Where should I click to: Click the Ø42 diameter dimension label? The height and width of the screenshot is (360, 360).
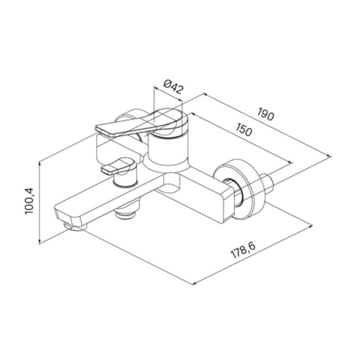pos(174,86)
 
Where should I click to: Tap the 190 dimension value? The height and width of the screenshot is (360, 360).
pos(265,114)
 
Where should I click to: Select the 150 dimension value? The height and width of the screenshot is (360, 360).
pos(244,130)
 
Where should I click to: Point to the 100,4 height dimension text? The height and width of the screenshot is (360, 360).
pos(29,201)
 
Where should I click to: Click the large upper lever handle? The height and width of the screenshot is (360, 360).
pos(142,123)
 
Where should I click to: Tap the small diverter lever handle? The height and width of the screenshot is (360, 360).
pos(119,166)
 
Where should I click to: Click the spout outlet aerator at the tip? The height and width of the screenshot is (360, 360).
pos(76,226)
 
